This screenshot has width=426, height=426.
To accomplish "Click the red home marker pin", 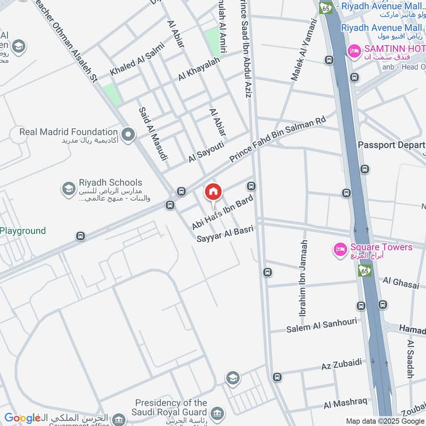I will [x=214, y=192].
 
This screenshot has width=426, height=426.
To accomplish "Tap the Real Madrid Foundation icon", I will [x=128, y=135].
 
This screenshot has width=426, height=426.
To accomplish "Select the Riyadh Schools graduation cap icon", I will [x=68, y=189].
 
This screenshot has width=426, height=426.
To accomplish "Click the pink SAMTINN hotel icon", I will [x=353, y=51].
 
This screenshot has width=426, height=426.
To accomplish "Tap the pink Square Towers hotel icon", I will [x=340, y=249].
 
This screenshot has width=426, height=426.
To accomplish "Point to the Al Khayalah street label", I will [x=199, y=69].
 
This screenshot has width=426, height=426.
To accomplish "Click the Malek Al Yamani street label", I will [x=304, y=51].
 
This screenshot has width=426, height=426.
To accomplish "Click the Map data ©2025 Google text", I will [x=386, y=421].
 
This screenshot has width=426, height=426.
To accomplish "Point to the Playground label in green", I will [x=23, y=231].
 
